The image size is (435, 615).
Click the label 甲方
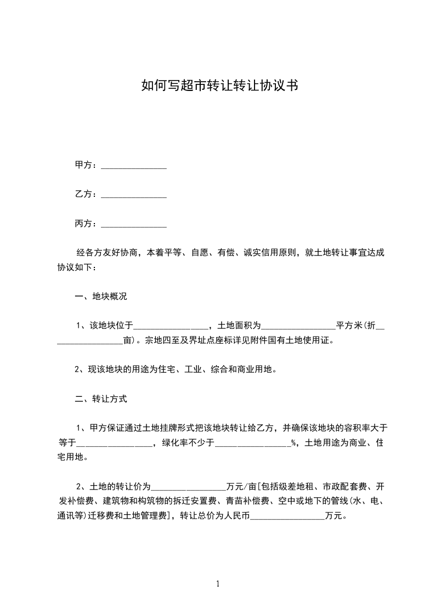tap(83, 165)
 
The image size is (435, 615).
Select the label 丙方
tap(83, 224)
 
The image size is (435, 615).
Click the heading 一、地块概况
tap(101, 297)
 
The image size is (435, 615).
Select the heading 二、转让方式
tap(101, 399)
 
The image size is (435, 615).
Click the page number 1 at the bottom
tap(218, 584)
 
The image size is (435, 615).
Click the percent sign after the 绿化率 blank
tap(293, 443)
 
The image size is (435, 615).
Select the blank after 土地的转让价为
tap(188, 487)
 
